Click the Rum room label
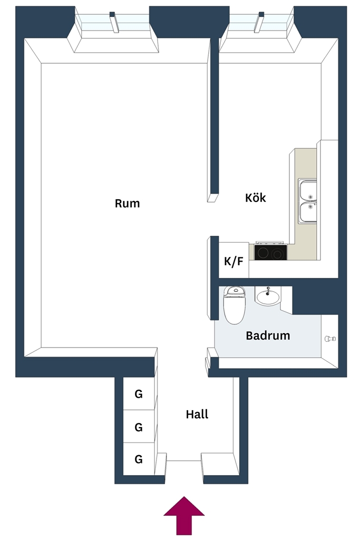tap(128, 203)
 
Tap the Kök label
tap(255, 197)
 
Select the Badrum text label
tap(268, 335)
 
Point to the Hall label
tap(197, 414)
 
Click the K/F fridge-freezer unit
tap(233, 261)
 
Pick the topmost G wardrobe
tap(139, 393)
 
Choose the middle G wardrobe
tap(139, 426)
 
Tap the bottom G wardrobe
tap(139, 459)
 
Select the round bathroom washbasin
tap(268, 296)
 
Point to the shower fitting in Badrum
tap(330, 339)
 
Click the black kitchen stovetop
tap(270, 252)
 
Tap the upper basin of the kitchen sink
tap(308, 190)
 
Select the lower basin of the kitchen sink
tap(308, 212)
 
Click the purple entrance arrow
tap(184, 515)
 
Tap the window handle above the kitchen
tap(259, 22)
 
